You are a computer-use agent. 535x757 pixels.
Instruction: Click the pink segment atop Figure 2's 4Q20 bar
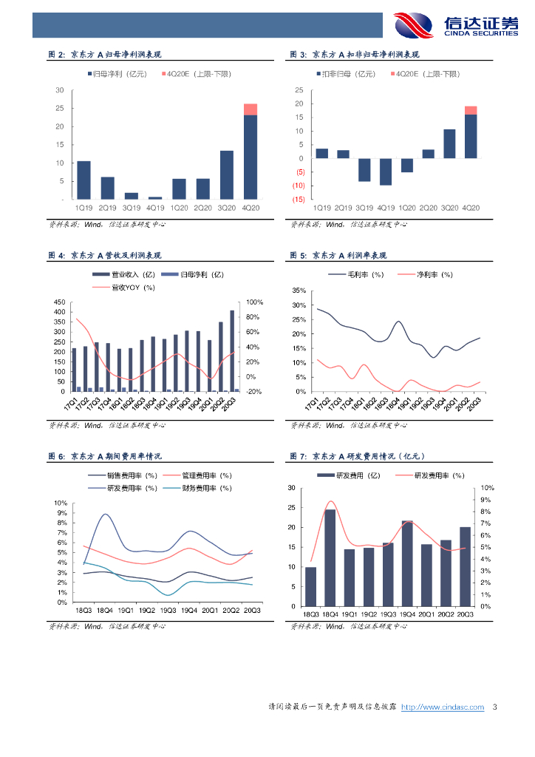coord(251,109)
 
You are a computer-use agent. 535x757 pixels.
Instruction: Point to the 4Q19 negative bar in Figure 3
coord(386,172)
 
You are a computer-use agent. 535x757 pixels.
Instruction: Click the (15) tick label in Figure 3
coord(299,200)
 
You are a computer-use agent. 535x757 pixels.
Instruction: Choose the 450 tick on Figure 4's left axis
coord(60,302)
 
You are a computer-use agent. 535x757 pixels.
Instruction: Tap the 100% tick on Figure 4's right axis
coord(255,302)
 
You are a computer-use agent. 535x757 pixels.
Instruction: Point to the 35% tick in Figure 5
coord(299,291)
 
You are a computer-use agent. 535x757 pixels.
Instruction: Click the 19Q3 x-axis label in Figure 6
coord(168,611)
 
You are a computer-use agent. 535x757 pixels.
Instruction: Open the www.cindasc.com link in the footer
coord(443,707)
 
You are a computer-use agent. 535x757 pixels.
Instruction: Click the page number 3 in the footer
coord(494,707)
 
